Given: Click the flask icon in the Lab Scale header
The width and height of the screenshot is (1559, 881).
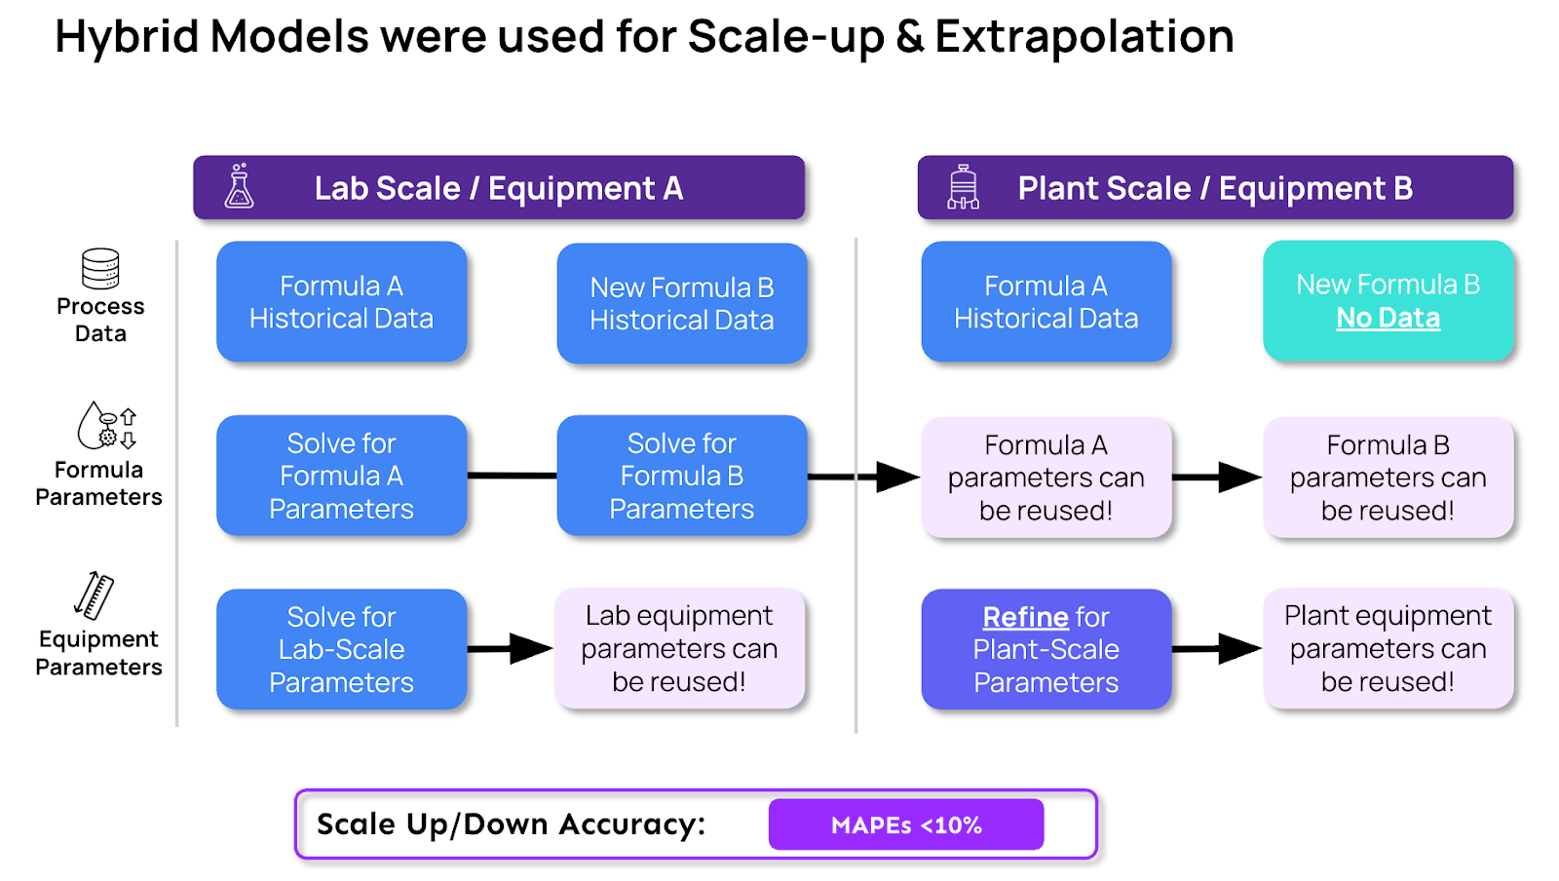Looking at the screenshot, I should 239,186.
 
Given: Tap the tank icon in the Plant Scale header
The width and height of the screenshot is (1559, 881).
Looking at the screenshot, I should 963,187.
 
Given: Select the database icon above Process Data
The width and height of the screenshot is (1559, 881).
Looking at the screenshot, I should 100,269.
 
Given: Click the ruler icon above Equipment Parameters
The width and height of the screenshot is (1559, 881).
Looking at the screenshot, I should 95,595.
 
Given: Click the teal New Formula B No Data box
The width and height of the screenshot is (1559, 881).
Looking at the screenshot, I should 1388,301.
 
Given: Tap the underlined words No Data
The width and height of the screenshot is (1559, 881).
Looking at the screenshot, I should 1388,318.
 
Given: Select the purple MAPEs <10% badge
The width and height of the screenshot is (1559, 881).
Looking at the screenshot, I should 905,824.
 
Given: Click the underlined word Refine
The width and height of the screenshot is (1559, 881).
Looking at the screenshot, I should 1025,617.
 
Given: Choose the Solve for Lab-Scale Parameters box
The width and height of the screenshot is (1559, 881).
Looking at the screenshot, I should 341,649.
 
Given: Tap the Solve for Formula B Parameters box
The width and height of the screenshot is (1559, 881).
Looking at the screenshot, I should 681,476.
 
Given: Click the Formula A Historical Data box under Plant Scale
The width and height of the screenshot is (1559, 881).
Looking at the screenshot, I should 1046,302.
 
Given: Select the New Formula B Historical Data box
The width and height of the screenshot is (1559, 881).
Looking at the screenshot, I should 681,304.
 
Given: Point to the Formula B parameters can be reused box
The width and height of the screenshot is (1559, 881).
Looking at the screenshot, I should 1388,478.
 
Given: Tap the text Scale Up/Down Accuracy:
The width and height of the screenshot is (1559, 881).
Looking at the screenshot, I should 511,824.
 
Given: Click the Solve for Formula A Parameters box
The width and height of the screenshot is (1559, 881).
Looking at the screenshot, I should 341,476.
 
